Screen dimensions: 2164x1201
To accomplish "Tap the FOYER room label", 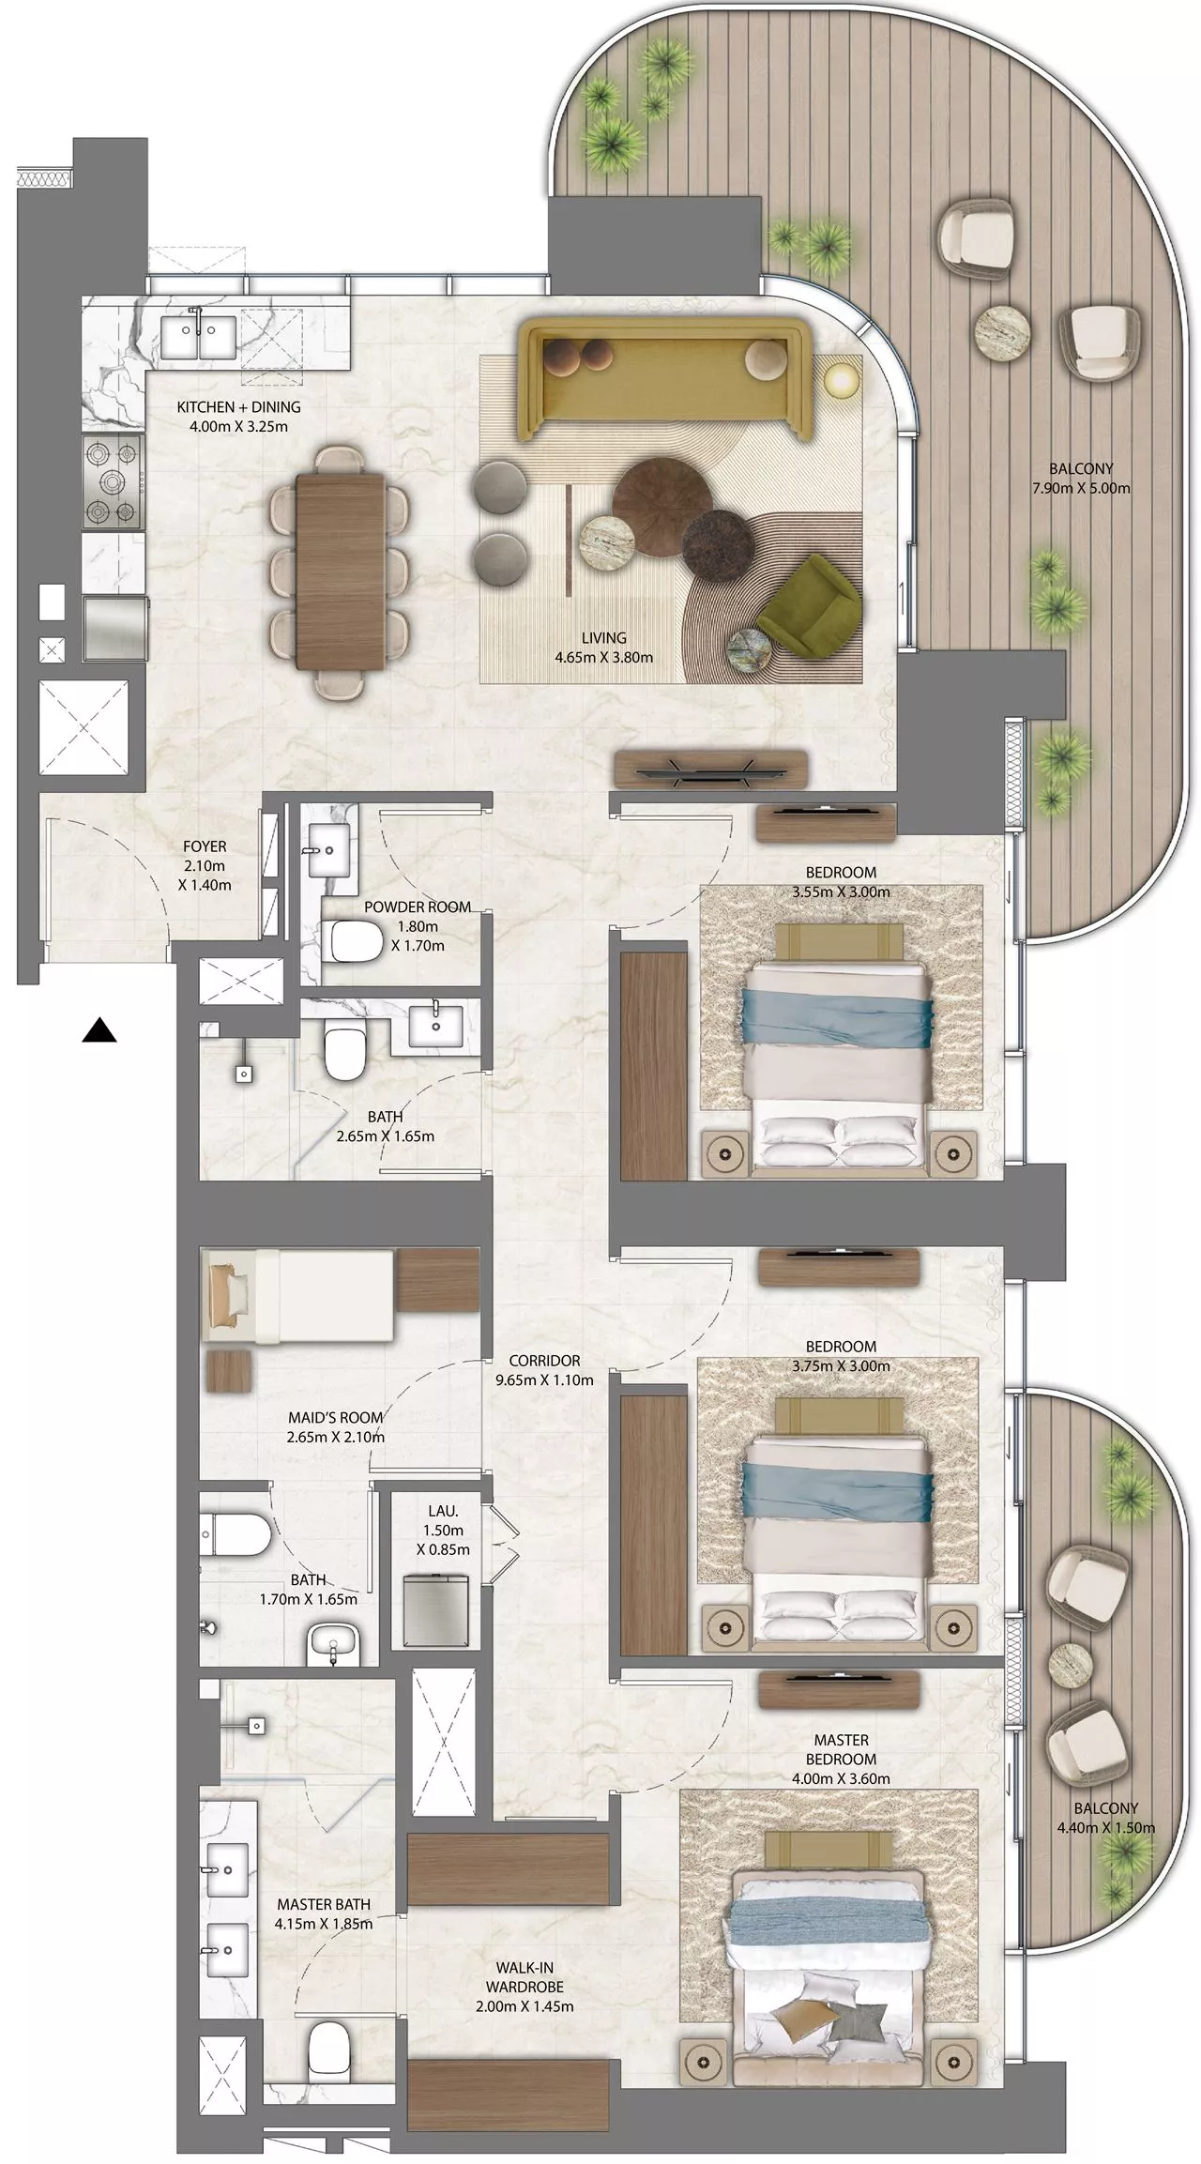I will [205, 846].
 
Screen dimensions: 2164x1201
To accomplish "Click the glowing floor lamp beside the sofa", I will [841, 379].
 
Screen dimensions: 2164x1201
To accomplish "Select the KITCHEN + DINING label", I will [238, 407].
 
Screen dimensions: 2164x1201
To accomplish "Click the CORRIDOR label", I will [544, 1360].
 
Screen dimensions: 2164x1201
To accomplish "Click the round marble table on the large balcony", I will [1004, 330].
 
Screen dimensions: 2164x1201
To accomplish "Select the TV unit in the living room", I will [711, 768].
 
